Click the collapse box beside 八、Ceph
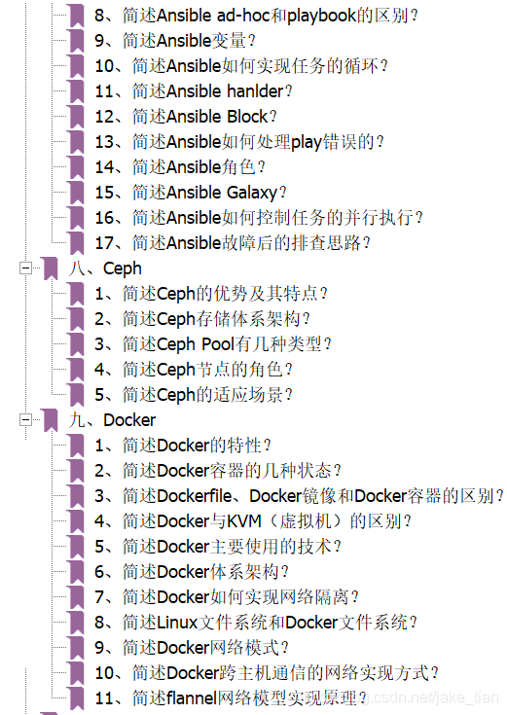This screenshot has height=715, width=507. click(26, 268)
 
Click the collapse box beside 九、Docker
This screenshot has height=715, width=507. click(26, 419)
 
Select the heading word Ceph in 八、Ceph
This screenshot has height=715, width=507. click(123, 269)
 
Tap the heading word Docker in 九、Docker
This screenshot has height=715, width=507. click(129, 420)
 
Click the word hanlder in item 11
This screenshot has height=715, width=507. click(255, 91)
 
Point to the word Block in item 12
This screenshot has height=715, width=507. click(247, 117)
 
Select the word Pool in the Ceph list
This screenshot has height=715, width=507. click(218, 343)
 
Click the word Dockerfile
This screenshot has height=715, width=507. click(194, 496)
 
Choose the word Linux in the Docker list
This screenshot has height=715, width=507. click(177, 623)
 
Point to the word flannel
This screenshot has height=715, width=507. click(191, 698)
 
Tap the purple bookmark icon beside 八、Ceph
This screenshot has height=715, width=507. click(50, 268)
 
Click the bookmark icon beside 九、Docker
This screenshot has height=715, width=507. click(50, 419)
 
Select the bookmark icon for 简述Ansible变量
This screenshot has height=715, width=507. click(76, 41)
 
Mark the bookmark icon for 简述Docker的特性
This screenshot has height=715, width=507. click(76, 446)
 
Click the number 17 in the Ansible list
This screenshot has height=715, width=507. click(104, 243)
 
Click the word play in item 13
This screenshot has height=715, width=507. click(307, 142)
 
